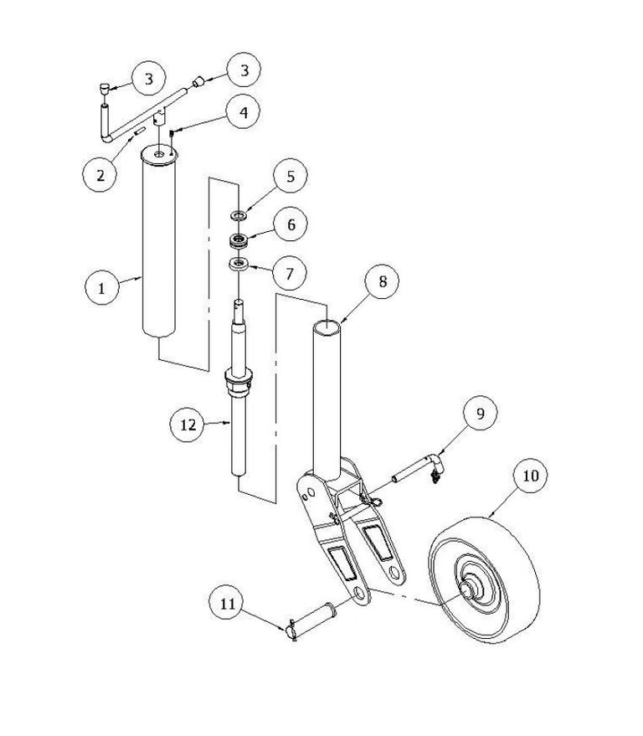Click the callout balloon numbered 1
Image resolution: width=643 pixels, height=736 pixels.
102,287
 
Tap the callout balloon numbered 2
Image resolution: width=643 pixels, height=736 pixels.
100,175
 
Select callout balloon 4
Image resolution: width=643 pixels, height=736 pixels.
243,112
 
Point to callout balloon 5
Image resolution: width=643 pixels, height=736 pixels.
290,176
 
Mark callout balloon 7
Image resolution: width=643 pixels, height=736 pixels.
289,273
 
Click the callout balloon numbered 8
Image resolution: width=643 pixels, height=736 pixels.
382,281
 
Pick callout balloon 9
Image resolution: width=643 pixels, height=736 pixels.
480,413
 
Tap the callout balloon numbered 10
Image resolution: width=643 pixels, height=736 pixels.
530,476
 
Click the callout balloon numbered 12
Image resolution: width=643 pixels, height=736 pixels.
188,425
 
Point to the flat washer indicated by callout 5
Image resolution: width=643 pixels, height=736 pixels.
239,216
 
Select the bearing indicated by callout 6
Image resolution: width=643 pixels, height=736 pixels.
239,241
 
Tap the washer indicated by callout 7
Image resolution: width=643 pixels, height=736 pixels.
239,264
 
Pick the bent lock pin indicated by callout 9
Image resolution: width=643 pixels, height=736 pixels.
417,469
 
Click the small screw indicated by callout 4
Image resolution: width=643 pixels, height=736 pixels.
172,135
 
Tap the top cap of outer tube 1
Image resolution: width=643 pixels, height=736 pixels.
160,154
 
